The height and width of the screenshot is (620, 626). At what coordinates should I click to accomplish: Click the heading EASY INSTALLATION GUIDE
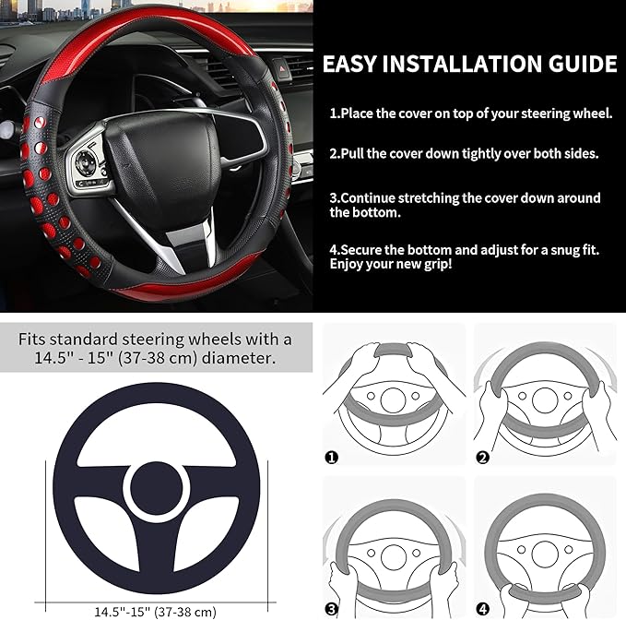click(x=469, y=64)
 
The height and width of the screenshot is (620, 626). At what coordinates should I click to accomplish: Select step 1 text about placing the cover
click(x=470, y=113)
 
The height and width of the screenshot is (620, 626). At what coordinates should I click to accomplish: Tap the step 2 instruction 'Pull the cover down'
click(x=464, y=153)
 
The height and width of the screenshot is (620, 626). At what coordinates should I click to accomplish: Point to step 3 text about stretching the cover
click(x=465, y=205)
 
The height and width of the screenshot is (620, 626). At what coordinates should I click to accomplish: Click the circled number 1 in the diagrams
click(x=332, y=457)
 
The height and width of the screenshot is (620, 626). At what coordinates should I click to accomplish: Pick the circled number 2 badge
click(x=482, y=457)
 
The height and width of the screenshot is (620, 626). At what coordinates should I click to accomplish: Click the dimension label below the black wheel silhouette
click(x=155, y=611)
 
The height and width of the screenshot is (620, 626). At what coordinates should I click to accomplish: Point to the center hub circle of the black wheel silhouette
click(x=156, y=485)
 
